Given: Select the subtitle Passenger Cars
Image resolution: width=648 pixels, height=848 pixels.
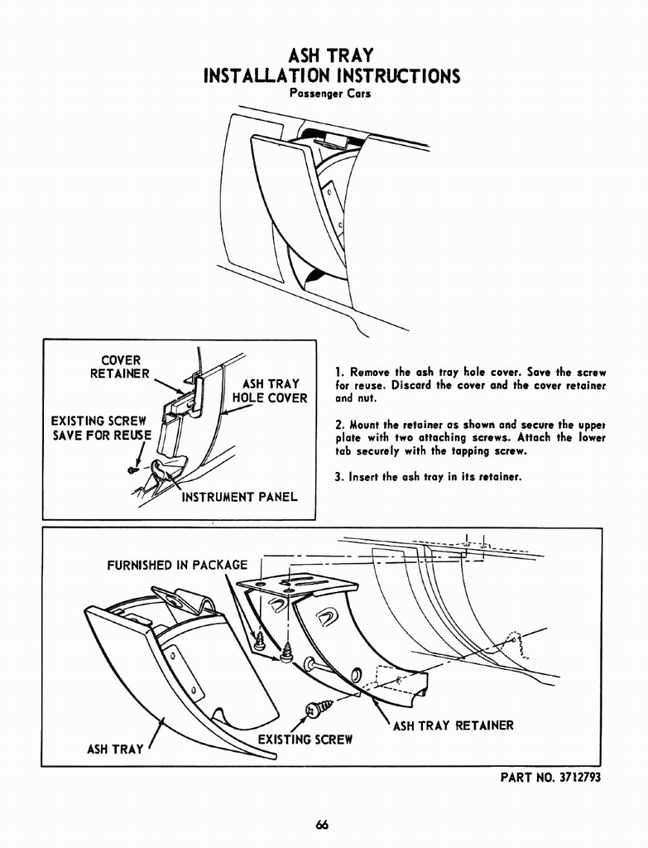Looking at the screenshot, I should pyautogui.click(x=330, y=94).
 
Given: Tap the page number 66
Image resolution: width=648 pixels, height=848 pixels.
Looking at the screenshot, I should pyautogui.click(x=323, y=824).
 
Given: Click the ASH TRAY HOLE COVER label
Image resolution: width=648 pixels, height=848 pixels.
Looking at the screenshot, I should pyautogui.click(x=270, y=391).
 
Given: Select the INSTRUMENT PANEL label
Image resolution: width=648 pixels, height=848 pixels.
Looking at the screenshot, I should pyautogui.click(x=238, y=497).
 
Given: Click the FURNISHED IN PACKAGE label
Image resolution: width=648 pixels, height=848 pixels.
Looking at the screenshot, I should pyautogui.click(x=177, y=565).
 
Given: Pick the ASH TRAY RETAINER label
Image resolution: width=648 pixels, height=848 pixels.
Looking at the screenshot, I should pyautogui.click(x=453, y=725).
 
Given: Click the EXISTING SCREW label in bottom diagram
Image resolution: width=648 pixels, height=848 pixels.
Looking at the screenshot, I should pyautogui.click(x=305, y=739).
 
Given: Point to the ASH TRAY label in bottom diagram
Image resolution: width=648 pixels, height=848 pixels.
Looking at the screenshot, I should pyautogui.click(x=115, y=749).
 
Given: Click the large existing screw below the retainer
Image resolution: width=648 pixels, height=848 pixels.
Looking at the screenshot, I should pyautogui.click(x=317, y=709).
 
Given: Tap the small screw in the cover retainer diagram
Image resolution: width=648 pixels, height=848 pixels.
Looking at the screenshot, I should pyautogui.click(x=132, y=470).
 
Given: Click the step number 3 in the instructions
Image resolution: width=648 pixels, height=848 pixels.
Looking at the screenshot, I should pyautogui.click(x=339, y=477).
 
